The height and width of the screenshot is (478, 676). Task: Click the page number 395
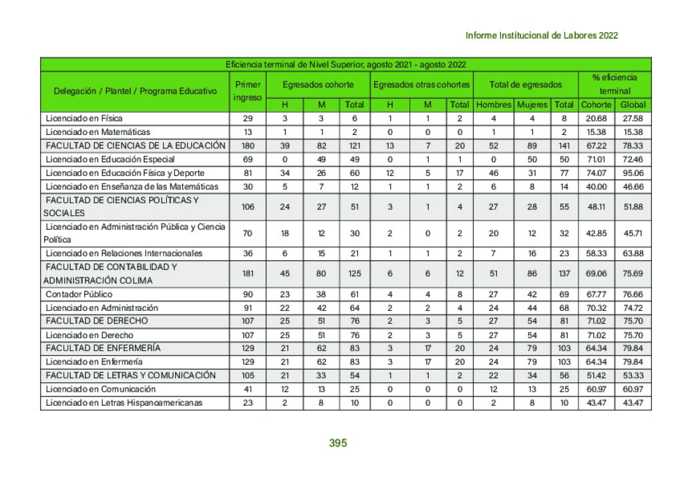point(338,443)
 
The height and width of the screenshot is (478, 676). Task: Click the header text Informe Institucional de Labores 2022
point(541,35)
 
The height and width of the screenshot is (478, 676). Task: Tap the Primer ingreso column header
point(248,92)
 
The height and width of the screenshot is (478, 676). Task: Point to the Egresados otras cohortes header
point(421,85)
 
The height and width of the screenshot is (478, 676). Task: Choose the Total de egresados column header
point(525,85)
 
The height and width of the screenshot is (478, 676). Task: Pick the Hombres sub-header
point(494,105)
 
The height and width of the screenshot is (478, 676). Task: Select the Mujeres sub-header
point(532,105)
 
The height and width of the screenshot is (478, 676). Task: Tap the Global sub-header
point(633,105)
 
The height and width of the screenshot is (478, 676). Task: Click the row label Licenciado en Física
point(84,118)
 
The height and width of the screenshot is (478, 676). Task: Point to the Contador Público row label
point(79,294)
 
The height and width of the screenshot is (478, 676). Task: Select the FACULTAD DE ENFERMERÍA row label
point(103,348)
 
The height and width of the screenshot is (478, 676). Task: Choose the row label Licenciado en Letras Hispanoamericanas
point(124,402)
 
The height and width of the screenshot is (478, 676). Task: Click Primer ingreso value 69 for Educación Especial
point(248,159)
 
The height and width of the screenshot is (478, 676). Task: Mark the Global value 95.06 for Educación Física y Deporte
point(633,172)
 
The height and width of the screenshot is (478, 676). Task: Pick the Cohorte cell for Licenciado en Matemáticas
point(596,132)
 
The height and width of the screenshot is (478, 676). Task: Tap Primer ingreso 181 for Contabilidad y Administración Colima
point(248,273)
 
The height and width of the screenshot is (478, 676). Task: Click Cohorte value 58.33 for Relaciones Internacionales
point(596,253)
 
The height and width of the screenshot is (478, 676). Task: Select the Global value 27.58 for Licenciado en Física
point(633,118)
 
